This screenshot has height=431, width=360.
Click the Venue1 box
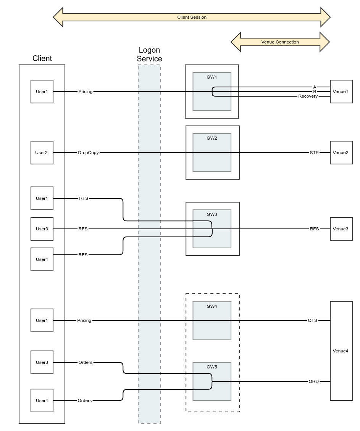[x=341, y=92]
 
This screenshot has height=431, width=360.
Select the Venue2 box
[x=341, y=153]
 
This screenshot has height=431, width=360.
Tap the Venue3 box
[x=341, y=229]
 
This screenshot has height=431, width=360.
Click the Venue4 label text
[x=341, y=351]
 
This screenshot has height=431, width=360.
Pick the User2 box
[x=42, y=153]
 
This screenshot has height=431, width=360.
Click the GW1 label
[x=212, y=77]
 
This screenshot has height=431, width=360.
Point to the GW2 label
[x=212, y=138]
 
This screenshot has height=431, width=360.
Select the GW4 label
[x=212, y=306]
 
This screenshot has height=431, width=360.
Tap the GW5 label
[x=212, y=367]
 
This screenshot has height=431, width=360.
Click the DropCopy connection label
[x=88, y=153]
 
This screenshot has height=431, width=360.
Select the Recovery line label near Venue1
[x=308, y=96]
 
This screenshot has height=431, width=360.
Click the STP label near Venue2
[x=314, y=153]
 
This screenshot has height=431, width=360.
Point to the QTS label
[x=313, y=320]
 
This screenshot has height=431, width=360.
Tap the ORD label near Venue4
[x=313, y=381]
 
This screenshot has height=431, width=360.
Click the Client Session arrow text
[x=192, y=17]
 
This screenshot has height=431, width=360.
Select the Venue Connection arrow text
[x=280, y=42]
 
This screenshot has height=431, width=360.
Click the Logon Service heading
[x=149, y=55]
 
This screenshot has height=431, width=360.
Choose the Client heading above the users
[x=42, y=58]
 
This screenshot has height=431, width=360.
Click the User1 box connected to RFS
[x=42, y=198]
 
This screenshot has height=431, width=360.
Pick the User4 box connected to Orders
[x=42, y=400]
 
